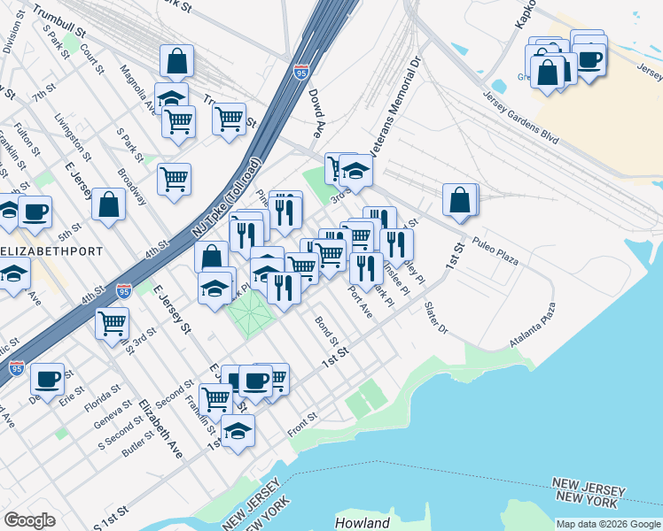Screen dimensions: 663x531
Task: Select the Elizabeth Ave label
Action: pyautogui.click(x=160, y=428)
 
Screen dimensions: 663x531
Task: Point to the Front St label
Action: pyautogui.click(x=302, y=424)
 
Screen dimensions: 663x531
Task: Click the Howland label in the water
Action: pyautogui.click(x=362, y=523)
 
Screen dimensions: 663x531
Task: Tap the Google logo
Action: pyautogui.click(x=29, y=520)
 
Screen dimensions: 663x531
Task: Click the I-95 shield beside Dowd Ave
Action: pyautogui.click(x=302, y=70)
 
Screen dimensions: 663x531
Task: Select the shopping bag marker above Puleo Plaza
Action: pyautogui.click(x=461, y=199)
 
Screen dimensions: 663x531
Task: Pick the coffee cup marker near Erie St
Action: pyautogui.click(x=47, y=378)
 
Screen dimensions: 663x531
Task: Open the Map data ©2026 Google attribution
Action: pyautogui.click(x=608, y=524)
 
